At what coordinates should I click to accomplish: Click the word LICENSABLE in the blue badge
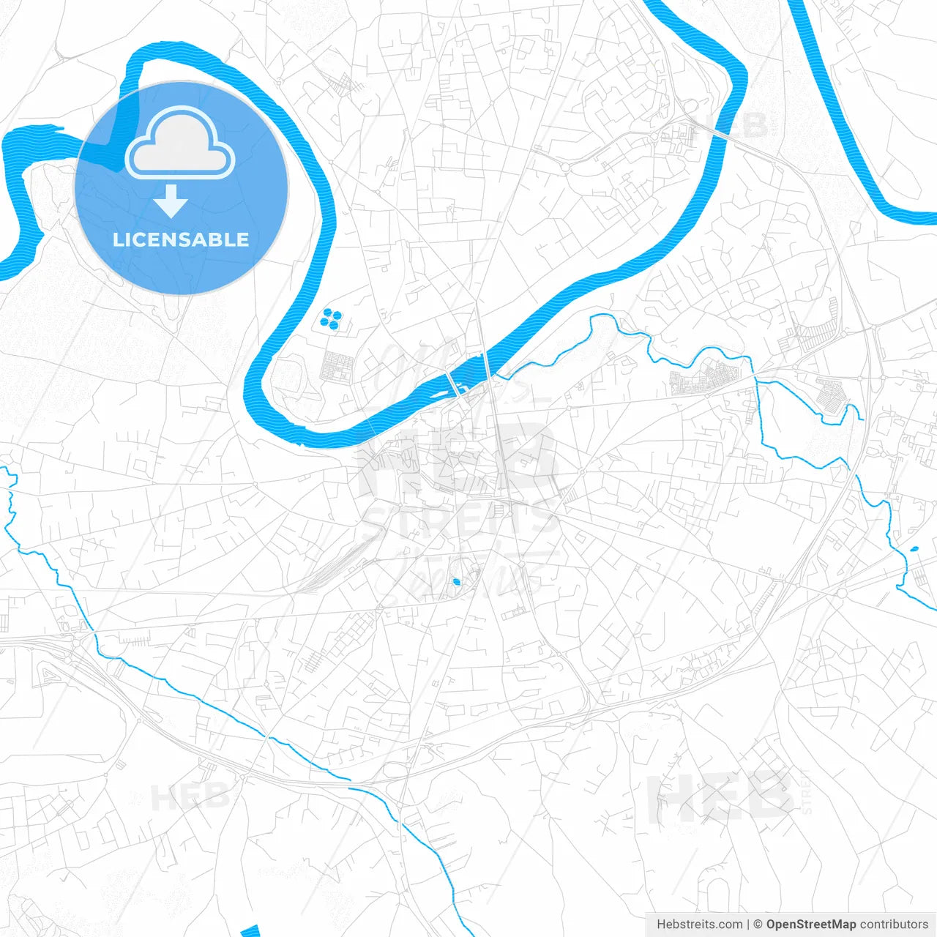click(x=181, y=239)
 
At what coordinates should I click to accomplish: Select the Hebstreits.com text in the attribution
click(x=699, y=925)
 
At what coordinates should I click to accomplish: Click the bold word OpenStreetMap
click(x=810, y=925)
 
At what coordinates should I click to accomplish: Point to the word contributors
click(x=894, y=925)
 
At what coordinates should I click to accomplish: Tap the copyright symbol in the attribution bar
click(x=758, y=925)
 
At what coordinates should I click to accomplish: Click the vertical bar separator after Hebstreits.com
click(x=748, y=925)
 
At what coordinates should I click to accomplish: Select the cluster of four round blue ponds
click(x=331, y=318)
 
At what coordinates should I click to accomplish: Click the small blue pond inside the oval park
click(x=457, y=582)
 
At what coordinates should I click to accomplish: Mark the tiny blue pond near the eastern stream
click(x=913, y=550)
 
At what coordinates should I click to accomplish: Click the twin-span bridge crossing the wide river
click(x=454, y=384)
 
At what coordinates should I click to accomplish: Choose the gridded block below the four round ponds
click(x=337, y=365)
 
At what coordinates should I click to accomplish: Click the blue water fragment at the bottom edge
click(x=251, y=931)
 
